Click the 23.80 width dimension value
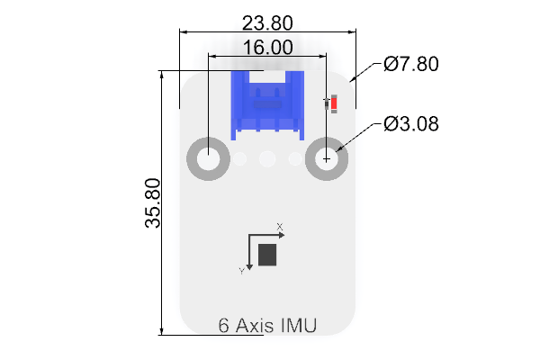267,23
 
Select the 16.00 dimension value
268,47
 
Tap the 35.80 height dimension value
153,202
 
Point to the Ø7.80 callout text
411,64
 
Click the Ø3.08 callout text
411,123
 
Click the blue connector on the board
267,105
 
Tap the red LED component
334,103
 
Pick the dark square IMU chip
267,255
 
